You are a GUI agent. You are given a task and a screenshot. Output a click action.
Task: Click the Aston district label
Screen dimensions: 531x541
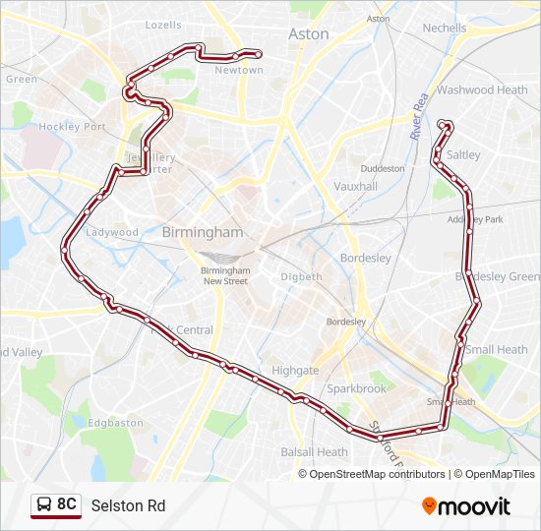pyautogui.click(x=309, y=33)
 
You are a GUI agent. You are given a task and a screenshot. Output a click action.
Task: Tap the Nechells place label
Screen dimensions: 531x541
pyautogui.click(x=445, y=29)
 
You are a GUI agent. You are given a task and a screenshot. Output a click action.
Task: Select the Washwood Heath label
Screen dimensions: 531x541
pyautogui.click(x=482, y=89)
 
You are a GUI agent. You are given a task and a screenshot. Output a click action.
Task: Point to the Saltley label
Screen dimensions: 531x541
pyautogui.click(x=463, y=155)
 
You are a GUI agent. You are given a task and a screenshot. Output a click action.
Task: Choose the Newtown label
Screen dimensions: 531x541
pyautogui.click(x=239, y=71)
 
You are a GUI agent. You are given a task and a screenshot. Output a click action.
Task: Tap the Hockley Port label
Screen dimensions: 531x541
pyautogui.click(x=72, y=127)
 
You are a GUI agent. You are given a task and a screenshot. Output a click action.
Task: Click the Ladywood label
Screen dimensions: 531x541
pyautogui.click(x=112, y=233)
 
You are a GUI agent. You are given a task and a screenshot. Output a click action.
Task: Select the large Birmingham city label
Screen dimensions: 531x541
pyautogui.click(x=201, y=233)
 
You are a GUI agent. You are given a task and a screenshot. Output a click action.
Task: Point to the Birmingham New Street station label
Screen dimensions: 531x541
pyautogui.click(x=225, y=275)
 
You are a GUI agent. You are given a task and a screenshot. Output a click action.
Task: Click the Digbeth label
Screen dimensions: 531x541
pyautogui.click(x=301, y=277)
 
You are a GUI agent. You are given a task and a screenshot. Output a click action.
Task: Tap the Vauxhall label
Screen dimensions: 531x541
pyautogui.click(x=355, y=186)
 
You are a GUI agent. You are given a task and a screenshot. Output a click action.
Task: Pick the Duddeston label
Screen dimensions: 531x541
pyautogui.click(x=383, y=168)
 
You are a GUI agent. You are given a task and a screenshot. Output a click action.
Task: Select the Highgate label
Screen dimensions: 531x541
pyautogui.click(x=295, y=371)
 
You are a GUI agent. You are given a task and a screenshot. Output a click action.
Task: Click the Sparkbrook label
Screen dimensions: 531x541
pyautogui.click(x=357, y=389)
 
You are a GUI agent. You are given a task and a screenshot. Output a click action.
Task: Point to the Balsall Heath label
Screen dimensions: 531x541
pyautogui.click(x=314, y=452)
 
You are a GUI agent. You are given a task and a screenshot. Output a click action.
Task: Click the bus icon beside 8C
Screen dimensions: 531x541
pyautogui.click(x=44, y=505)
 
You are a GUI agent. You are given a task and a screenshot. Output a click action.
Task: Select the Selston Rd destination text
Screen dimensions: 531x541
pyautogui.click(x=128, y=506)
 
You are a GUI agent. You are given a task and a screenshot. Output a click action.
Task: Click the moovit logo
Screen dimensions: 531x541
pyautogui.click(x=466, y=506)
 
